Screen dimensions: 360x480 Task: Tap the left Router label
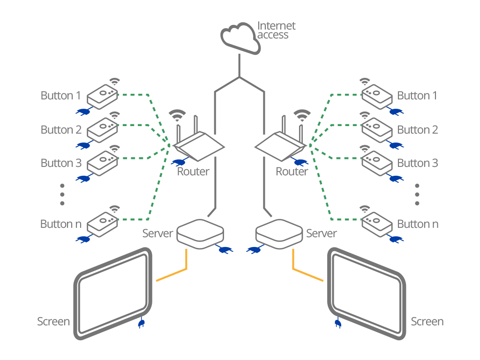tap(193, 172)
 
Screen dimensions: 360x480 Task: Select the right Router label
tap(292, 172)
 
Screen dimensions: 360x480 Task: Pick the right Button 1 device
tap(376, 96)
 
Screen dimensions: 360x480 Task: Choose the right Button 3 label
tap(418, 163)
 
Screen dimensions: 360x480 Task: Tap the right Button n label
tap(418, 224)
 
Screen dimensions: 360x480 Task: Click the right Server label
tap(321, 233)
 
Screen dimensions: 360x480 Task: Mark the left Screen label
tap(53, 322)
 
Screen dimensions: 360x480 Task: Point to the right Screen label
tap(427, 322)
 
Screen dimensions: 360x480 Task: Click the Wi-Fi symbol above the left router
tap(177, 115)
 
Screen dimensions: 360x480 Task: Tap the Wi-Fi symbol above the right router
tap(301, 115)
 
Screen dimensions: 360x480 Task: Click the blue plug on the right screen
tap(337, 323)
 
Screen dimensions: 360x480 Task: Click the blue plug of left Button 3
tap(83, 179)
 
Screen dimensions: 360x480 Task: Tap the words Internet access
tap(276, 30)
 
